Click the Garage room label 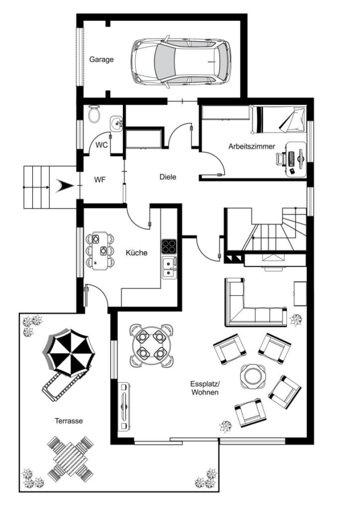(x=101, y=60)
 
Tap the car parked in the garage (x=181, y=62)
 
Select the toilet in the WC (x=94, y=114)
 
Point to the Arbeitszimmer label (x=251, y=146)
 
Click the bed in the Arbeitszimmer (x=278, y=119)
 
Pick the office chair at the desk (x=281, y=159)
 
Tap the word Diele (x=168, y=177)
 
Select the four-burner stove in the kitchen (x=169, y=247)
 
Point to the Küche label (x=136, y=253)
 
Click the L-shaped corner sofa (x=247, y=312)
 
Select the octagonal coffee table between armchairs (x=253, y=376)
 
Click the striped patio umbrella (x=69, y=353)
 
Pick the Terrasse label (x=68, y=421)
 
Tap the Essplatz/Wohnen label (x=205, y=388)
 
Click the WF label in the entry (x=100, y=179)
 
